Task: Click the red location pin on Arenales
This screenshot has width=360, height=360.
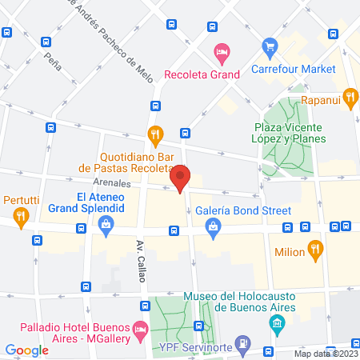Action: click(181, 178)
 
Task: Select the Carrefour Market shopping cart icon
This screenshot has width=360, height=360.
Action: click(271, 47)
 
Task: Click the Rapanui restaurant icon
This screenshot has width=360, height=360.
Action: click(350, 98)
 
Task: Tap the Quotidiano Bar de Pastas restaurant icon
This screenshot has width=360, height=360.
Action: click(155, 134)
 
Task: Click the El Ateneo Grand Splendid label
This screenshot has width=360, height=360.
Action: click(100, 202)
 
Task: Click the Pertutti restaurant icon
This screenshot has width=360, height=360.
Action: click(21, 215)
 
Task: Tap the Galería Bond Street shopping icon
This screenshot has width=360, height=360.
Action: click(213, 229)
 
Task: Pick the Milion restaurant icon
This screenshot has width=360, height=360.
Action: click(315, 251)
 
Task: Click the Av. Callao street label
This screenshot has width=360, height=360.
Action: click(139, 255)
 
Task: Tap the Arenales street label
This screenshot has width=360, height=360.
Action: click(94, 182)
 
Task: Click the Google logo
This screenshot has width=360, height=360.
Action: click(26, 350)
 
